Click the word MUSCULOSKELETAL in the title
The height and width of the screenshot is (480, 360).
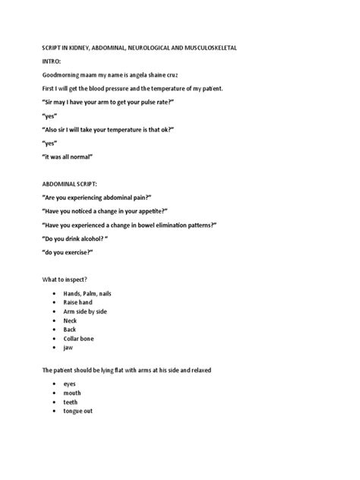tap(205, 47)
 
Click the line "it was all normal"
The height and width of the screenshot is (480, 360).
tap(69, 157)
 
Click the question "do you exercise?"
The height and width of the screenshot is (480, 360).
tap(68, 253)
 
